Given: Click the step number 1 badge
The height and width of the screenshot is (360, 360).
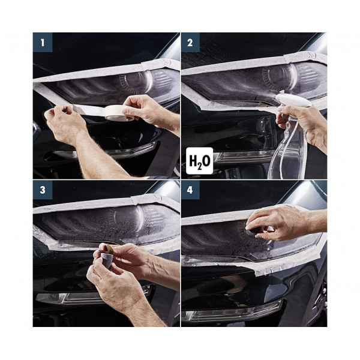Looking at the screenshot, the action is [x=43, y=43].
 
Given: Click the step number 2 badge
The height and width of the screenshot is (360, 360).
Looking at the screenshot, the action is [x=190, y=43].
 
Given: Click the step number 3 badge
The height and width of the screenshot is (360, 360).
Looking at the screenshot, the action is [x=43, y=190].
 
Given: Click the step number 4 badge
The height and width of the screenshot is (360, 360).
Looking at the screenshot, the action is [x=190, y=190].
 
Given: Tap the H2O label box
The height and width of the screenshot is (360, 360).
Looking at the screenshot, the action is [x=200, y=160].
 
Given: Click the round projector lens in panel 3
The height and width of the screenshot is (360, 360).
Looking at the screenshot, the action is [x=128, y=218].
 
